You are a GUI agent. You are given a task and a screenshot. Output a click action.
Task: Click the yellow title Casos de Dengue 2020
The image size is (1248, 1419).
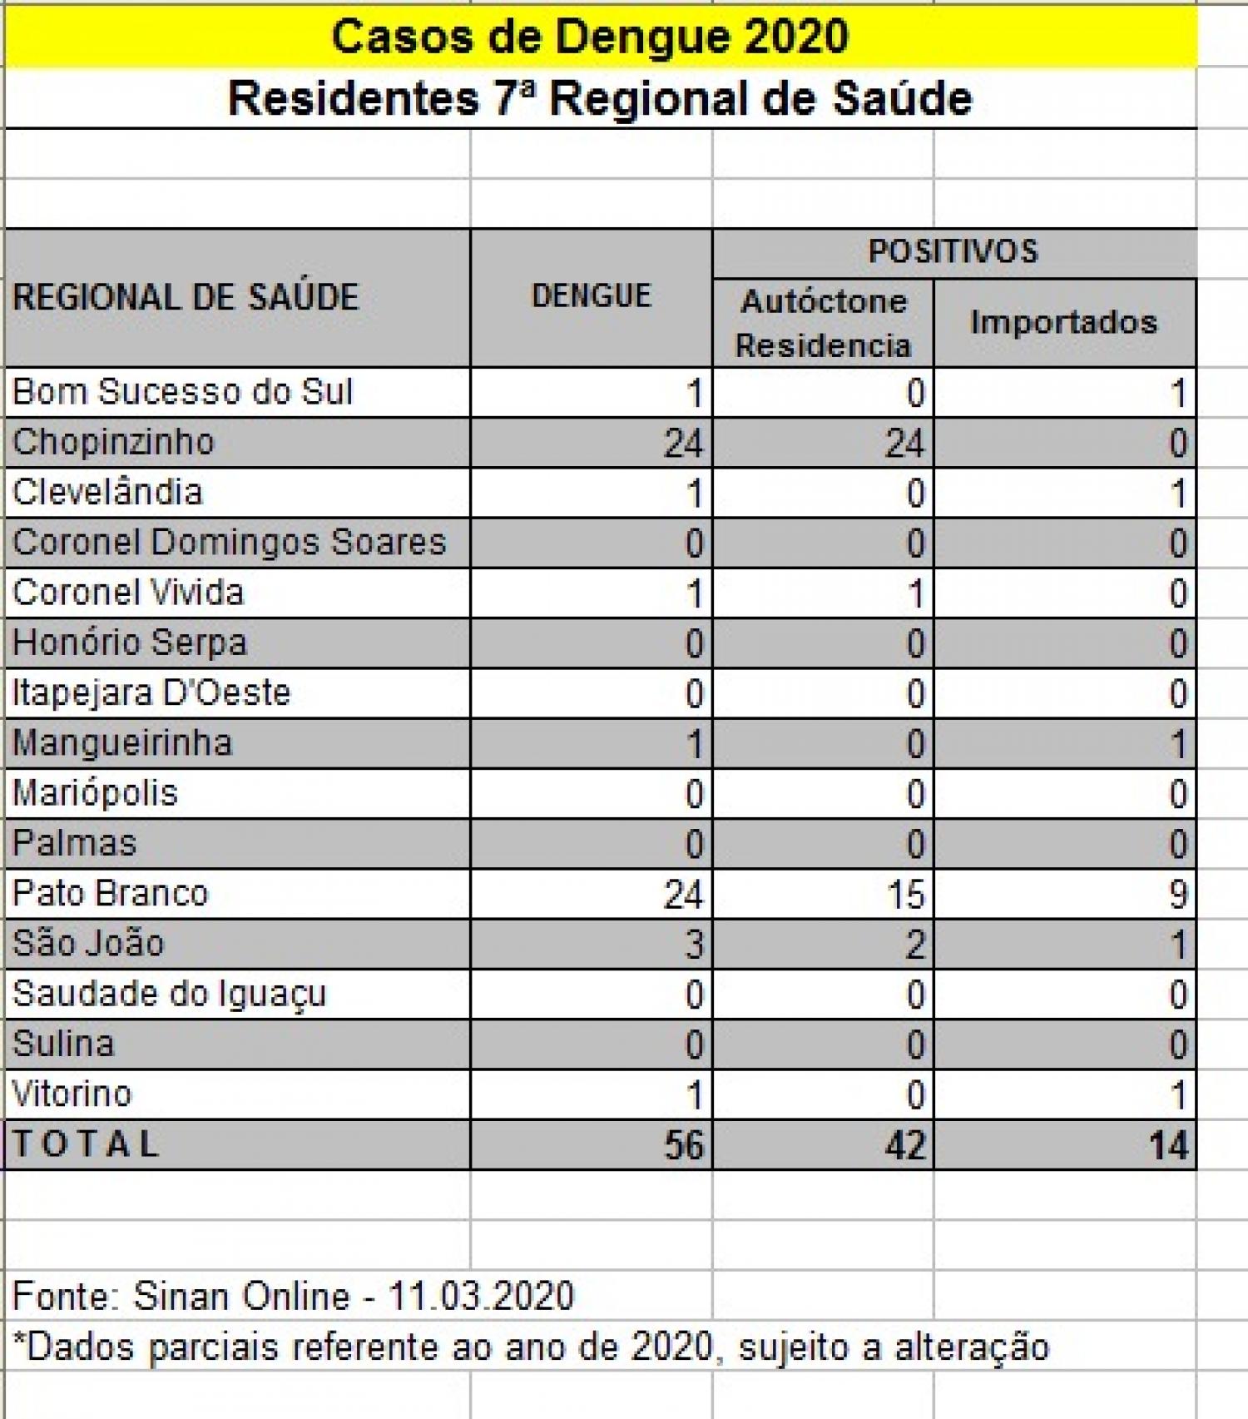click(590, 37)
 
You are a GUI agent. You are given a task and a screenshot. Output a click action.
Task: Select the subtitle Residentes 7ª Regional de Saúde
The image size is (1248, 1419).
click(600, 99)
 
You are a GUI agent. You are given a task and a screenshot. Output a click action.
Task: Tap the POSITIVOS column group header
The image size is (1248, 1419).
click(953, 251)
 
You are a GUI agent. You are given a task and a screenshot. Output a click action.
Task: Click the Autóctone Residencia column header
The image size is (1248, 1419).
click(823, 323)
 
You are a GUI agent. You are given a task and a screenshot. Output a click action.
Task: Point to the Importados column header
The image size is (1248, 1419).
click(1063, 322)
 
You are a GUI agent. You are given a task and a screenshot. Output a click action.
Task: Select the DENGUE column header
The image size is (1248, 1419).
click(591, 296)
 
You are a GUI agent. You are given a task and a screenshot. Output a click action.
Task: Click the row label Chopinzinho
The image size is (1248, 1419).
click(114, 442)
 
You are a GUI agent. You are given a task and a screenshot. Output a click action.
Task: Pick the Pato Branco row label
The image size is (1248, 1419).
click(111, 894)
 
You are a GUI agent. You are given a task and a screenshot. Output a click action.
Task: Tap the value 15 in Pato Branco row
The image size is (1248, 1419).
click(904, 895)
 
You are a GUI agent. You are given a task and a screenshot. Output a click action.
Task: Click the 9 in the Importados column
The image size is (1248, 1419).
click(1176, 895)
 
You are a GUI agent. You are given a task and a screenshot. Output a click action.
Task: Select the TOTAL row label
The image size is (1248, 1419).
click(86, 1144)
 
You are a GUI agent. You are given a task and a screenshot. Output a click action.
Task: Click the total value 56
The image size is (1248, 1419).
click(684, 1146)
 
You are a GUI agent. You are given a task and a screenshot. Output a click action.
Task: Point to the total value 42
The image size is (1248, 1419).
click(904, 1146)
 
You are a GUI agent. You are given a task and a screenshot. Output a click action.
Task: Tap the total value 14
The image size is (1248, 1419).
click(1168, 1146)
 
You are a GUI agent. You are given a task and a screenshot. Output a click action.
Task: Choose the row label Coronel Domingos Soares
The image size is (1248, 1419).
click(230, 543)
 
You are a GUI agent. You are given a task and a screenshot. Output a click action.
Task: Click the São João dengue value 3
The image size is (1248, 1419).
click(694, 945)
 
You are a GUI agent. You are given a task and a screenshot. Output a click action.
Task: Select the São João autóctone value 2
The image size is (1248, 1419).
click(914, 945)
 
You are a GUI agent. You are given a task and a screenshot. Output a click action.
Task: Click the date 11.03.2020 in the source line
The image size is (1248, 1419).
click(481, 1296)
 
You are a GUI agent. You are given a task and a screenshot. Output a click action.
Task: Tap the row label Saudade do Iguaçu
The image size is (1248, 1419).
click(170, 994)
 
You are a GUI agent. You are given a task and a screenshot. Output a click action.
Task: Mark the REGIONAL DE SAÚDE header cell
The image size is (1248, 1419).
click(186, 297)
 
